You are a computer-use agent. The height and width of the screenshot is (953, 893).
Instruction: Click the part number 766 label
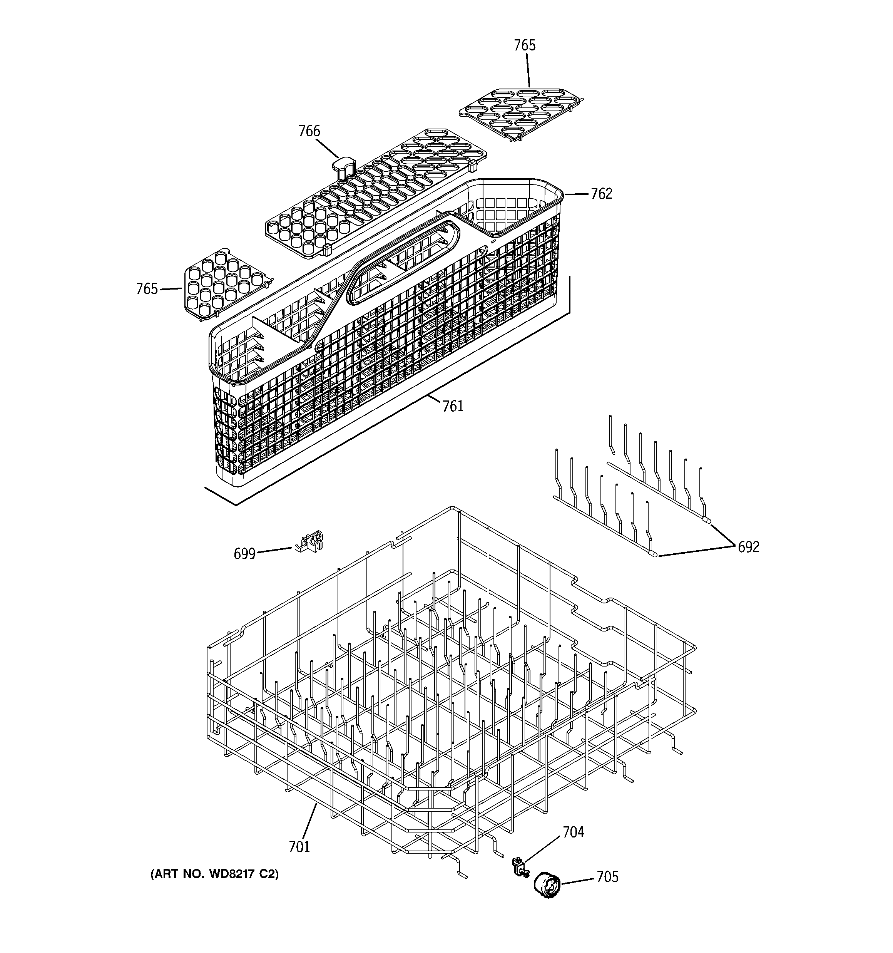pyautogui.click(x=309, y=131)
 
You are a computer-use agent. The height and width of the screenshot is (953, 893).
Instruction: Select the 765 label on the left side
pyautogui.click(x=147, y=289)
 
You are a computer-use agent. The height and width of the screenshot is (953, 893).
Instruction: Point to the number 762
pyautogui.click(x=601, y=194)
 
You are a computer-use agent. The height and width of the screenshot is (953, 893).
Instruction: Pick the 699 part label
pyautogui.click(x=244, y=554)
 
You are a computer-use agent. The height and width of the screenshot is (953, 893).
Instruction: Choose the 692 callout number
pyautogui.click(x=748, y=547)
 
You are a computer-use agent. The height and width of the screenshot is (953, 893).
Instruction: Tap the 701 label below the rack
pyautogui.click(x=299, y=847)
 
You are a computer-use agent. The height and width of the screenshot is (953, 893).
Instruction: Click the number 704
pyautogui.click(x=573, y=832)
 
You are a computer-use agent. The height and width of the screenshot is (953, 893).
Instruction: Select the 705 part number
pyautogui.click(x=607, y=877)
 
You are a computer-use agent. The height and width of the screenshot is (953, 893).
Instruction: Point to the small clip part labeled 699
pyautogui.click(x=309, y=542)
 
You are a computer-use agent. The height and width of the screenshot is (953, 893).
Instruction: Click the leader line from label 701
pyautogui.click(x=309, y=821)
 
